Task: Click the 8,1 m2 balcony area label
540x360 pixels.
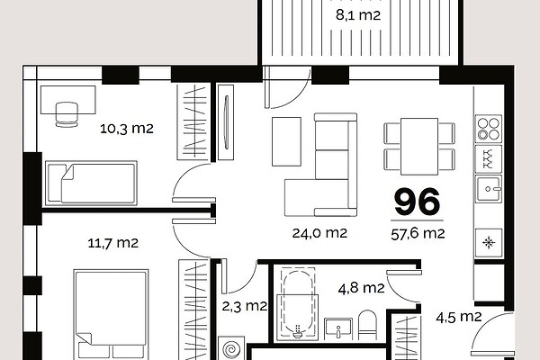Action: pyautogui.click(x=358, y=15)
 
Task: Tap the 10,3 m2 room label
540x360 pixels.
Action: pyautogui.click(x=127, y=129)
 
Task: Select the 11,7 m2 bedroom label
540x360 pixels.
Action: pyautogui.click(x=113, y=243)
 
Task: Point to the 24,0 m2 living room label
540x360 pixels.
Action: pyautogui.click(x=319, y=233)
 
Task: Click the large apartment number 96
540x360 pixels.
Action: pyautogui.click(x=418, y=202)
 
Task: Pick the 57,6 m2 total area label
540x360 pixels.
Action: pyautogui.click(x=418, y=234)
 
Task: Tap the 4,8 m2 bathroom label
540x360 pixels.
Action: pyautogui.click(x=361, y=288)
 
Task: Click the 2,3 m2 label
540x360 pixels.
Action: pyautogui.click(x=245, y=306)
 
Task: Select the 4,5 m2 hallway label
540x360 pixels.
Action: pyautogui.click(x=459, y=317)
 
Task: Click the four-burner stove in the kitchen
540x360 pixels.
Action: pyautogui.click(x=489, y=129)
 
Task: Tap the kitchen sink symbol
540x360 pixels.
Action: pyautogui.click(x=489, y=189)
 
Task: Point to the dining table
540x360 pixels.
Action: pyautogui.click(x=419, y=147)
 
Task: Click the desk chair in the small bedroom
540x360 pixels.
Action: pyautogui.click(x=67, y=114)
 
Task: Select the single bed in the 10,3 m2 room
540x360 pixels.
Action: pyautogui.click(x=91, y=184)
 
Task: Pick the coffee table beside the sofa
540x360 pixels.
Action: pyautogui.click(x=286, y=141)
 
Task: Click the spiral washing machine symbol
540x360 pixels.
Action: pyautogui.click(x=231, y=349)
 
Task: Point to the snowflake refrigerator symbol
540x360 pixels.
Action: pyautogui.click(x=489, y=243)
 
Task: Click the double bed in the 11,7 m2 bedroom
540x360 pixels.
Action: pyautogui.click(x=111, y=314)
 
